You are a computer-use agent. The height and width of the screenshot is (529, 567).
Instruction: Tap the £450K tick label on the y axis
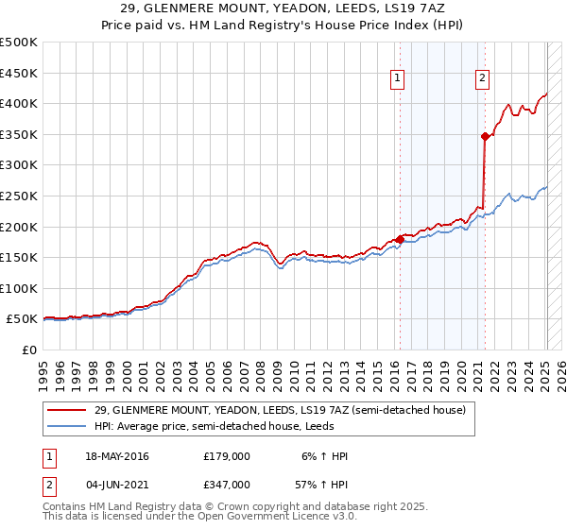coord(19,73)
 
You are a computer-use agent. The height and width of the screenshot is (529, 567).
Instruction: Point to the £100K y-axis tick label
coord(19,288)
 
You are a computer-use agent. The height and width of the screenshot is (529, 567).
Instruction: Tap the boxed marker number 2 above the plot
coord(482,78)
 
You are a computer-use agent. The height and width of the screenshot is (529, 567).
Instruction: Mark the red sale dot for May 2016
coord(400,240)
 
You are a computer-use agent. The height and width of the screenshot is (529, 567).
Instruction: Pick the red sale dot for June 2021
coord(486,136)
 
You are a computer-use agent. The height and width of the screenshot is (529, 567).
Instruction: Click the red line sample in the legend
coord(67,411)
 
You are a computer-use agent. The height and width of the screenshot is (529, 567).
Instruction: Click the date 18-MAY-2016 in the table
coord(117,456)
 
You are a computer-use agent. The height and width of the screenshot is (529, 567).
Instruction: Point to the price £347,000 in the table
coord(227,483)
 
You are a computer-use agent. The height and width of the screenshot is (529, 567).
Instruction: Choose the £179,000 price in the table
coord(227,456)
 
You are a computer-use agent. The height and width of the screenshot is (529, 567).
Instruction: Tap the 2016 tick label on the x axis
coord(393,369)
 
